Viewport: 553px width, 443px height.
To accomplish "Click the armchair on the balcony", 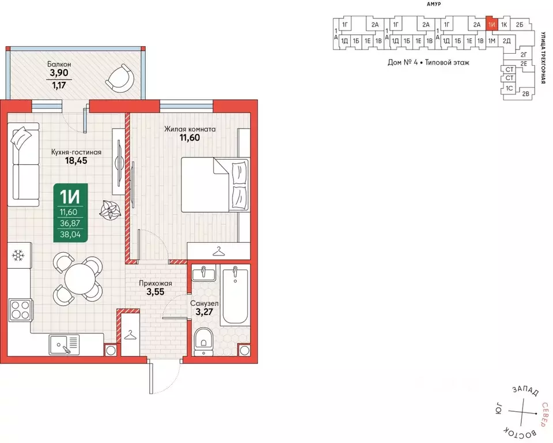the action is [120, 78].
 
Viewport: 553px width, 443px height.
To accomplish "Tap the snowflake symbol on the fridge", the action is [18, 255].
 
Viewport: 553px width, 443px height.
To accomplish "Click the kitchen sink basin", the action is [59, 345].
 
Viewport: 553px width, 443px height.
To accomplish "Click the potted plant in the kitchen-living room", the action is [111, 210].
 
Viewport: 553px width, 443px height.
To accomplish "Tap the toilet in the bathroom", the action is [203, 340].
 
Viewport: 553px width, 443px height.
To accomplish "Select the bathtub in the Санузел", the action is [234, 295].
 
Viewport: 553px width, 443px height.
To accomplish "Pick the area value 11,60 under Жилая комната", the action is [190, 138].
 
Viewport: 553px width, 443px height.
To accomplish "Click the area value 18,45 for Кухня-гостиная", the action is [76, 161].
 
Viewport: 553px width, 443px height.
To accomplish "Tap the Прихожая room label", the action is [156, 283].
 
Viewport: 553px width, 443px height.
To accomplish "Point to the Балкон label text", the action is [59, 64].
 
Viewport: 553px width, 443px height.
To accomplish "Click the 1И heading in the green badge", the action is [70, 196].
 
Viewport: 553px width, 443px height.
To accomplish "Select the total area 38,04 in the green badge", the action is [70, 235].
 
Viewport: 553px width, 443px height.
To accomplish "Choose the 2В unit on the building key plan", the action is [525, 93].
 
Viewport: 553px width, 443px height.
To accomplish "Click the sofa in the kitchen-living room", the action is [25, 165].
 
